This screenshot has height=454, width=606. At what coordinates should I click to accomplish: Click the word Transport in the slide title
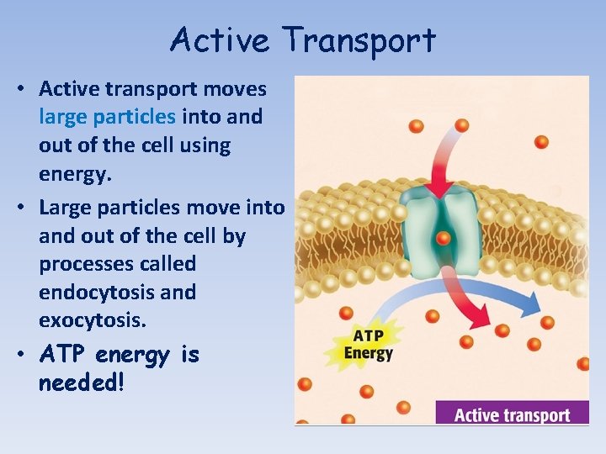(359, 40)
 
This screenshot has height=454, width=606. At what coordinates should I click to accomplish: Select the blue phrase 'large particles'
(107, 117)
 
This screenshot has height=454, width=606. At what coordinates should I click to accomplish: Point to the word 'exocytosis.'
(92, 320)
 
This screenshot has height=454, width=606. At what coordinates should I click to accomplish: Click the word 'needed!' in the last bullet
(81, 383)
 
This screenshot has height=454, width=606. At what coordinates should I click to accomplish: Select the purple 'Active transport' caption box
(512, 414)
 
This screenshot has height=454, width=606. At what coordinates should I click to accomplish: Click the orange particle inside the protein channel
(444, 240)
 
